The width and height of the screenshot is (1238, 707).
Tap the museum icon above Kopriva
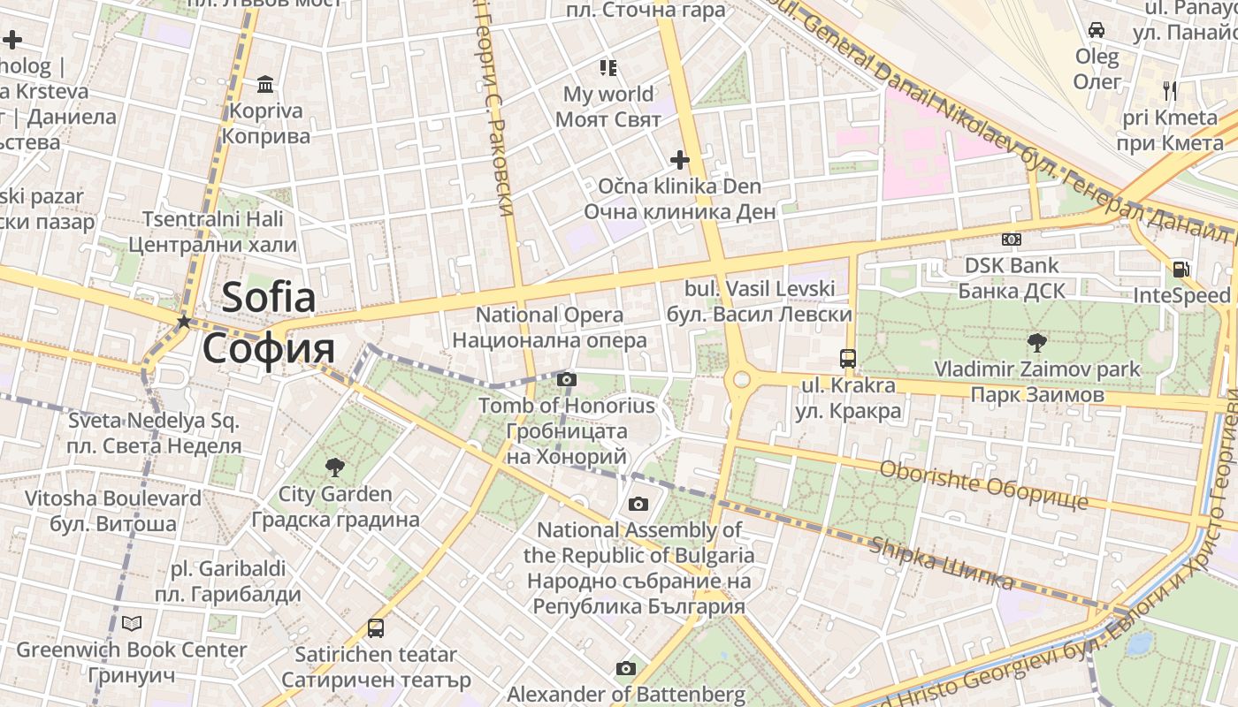tap(264, 85)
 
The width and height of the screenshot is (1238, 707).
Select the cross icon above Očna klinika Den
tap(679, 160)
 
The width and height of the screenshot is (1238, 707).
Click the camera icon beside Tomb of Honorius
tap(567, 380)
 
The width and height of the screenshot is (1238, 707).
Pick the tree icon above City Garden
tap(334, 467)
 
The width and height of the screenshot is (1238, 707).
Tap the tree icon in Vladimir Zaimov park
tap(1037, 342)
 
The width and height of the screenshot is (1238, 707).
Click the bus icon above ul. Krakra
tap(847, 359)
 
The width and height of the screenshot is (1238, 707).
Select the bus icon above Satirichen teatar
tap(376, 628)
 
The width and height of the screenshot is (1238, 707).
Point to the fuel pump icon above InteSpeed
tap(1181, 270)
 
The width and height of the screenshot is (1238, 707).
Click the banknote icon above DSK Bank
tap(1012, 239)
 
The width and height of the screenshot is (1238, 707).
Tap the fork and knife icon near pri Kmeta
tap(1170, 90)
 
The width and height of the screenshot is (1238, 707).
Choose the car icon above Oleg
tap(1097, 30)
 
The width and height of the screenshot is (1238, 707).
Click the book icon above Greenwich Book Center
tap(132, 624)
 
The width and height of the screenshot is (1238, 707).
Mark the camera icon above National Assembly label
tap(638, 505)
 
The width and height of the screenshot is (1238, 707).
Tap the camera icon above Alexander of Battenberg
tap(626, 668)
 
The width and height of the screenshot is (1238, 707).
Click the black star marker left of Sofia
tap(184, 322)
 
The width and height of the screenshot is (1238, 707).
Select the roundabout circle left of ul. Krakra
tap(741, 380)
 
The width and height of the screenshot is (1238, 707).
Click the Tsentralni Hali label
tap(212, 232)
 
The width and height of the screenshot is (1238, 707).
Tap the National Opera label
tap(549, 327)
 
